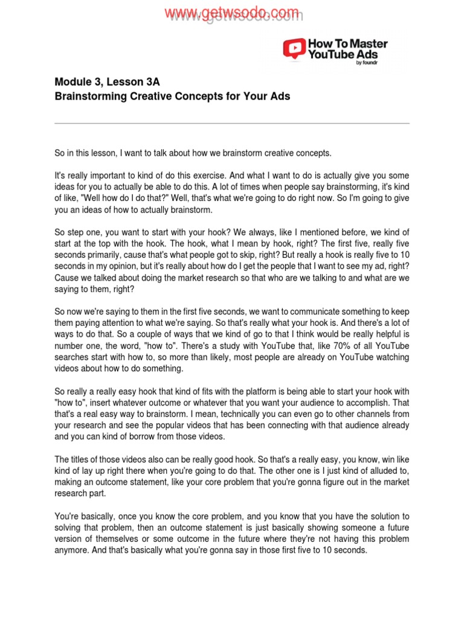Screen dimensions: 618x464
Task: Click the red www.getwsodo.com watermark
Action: (233, 13)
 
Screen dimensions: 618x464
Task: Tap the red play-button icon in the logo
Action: (294, 48)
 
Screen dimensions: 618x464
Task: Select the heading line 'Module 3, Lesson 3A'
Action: (107, 82)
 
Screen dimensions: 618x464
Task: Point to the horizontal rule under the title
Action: (232, 123)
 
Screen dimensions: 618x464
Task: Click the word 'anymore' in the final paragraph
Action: (72, 550)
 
